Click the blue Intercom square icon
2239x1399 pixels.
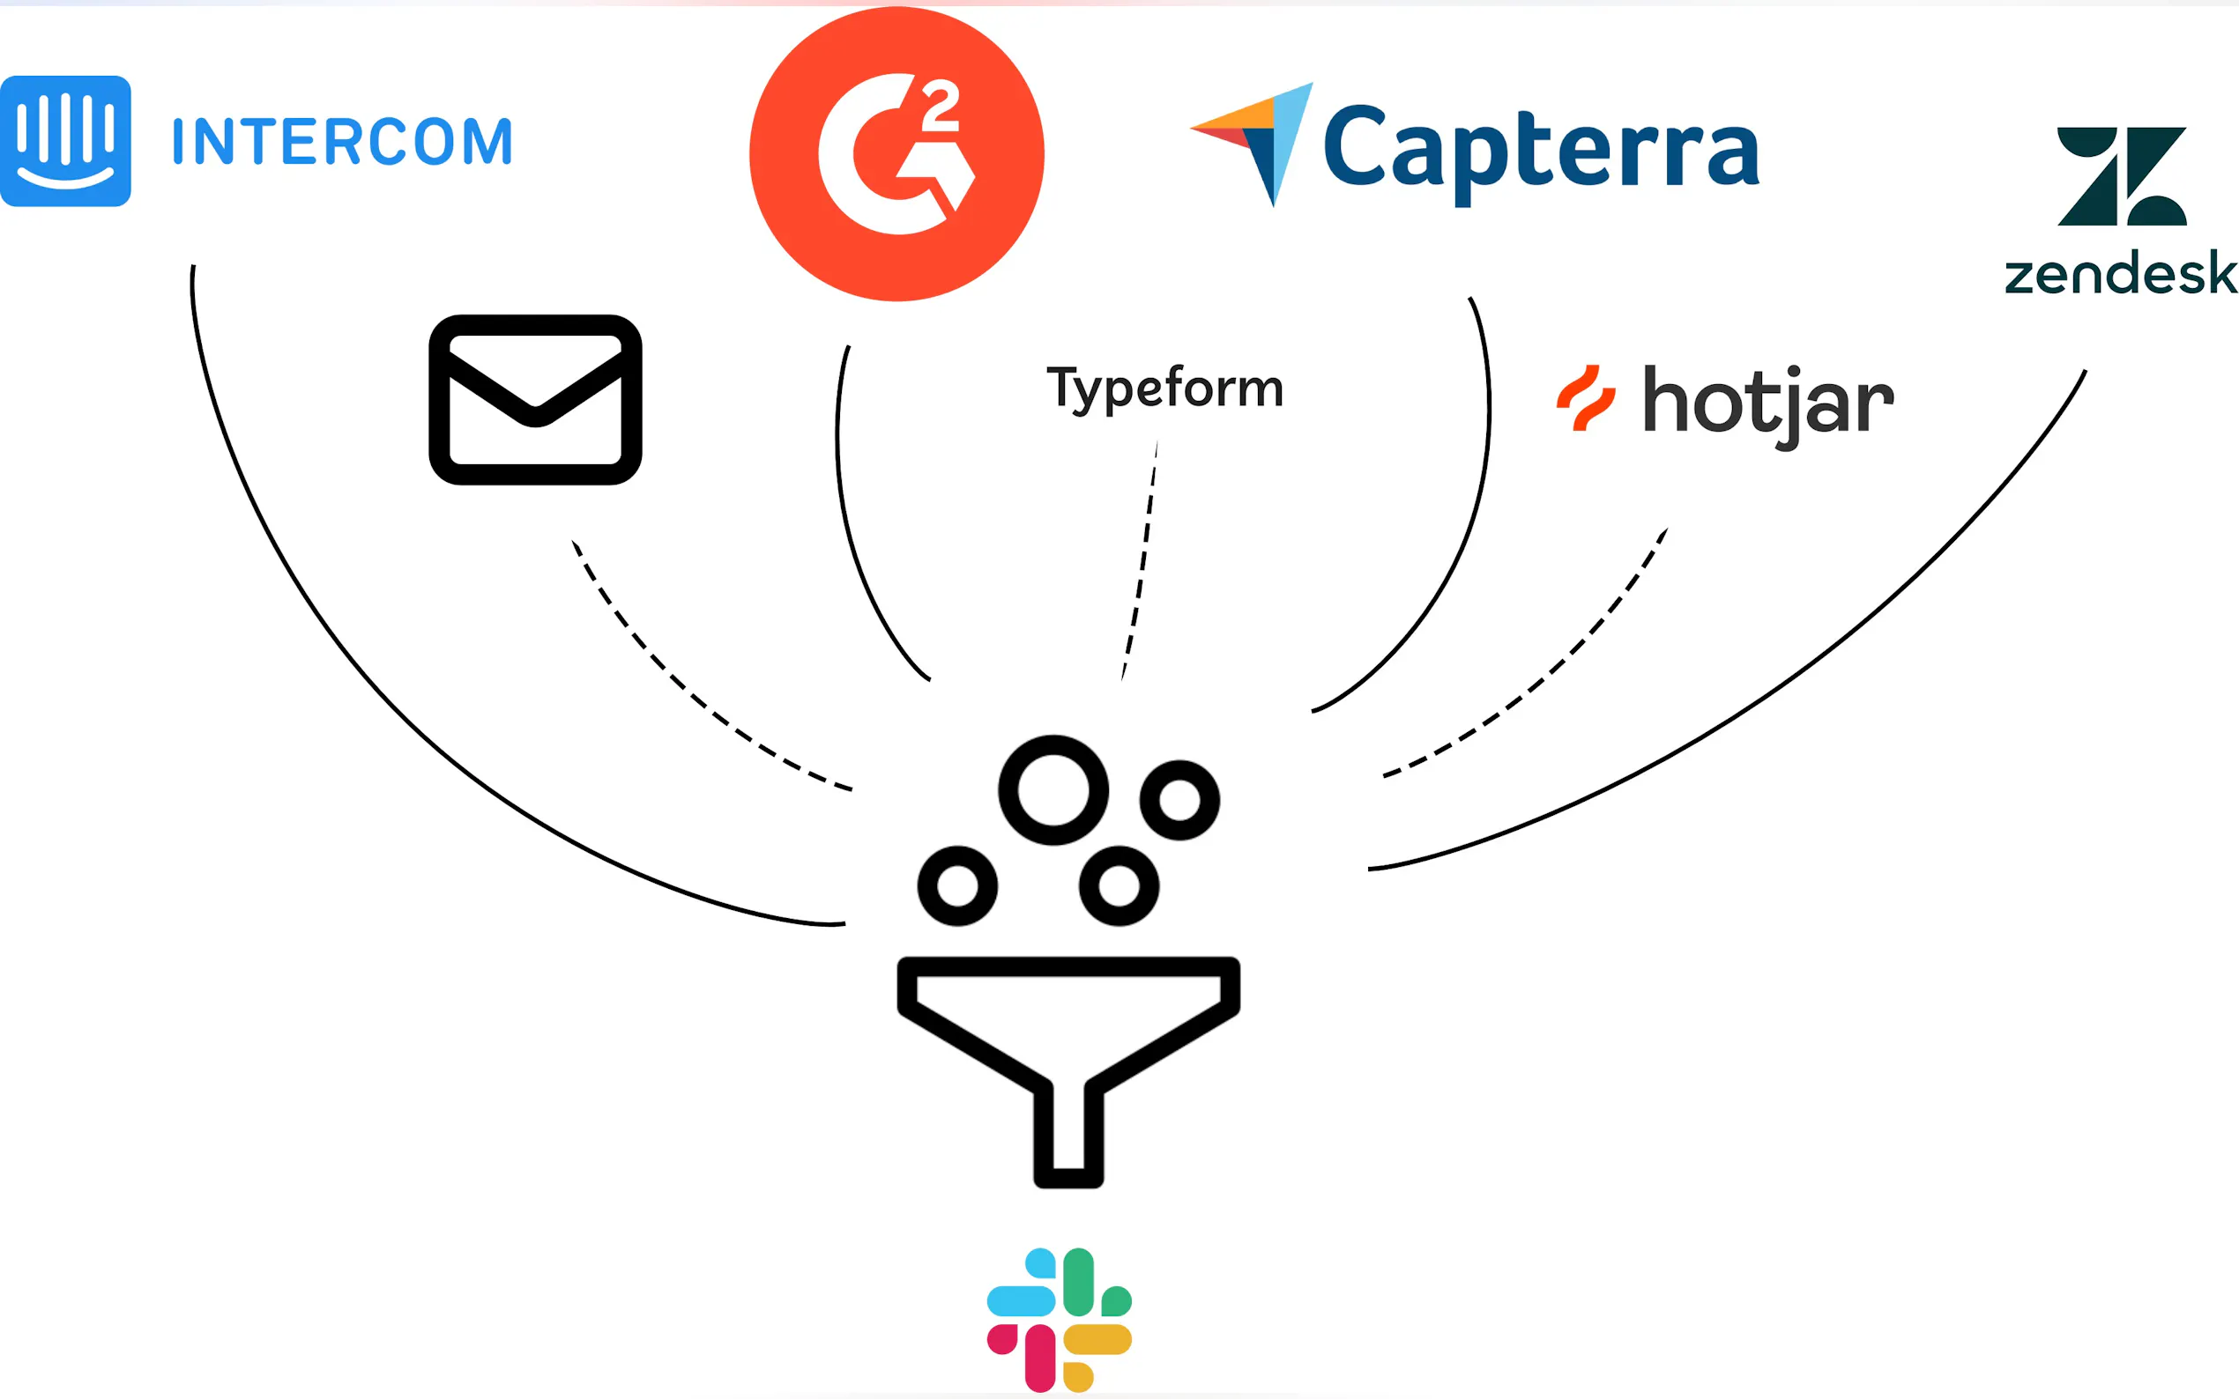[66, 141]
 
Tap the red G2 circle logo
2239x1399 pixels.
[896, 153]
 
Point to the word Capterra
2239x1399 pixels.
[1541, 148]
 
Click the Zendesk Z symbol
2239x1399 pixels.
[2122, 176]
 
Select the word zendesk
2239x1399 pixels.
[2121, 274]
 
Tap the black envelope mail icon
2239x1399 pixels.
[535, 400]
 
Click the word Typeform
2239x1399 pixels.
[1164, 389]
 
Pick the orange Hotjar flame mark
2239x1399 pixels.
[1586, 398]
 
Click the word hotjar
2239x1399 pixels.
[1768, 403]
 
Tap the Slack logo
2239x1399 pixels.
[1059, 1320]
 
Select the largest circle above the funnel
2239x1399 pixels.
[1053, 790]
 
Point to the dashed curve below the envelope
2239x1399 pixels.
[685, 689]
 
